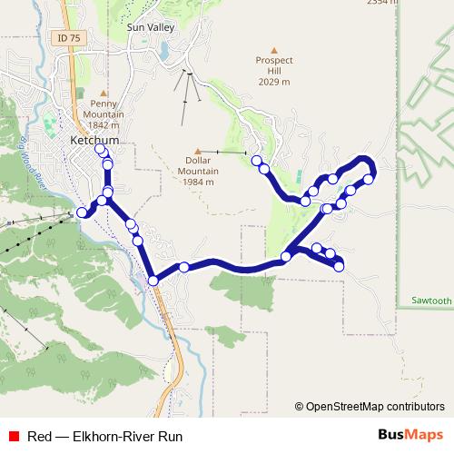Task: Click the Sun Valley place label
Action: (150, 28)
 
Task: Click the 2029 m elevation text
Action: (273, 83)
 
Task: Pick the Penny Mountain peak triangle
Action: (104, 92)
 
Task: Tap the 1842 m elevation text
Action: (104, 125)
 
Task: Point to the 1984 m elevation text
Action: (196, 182)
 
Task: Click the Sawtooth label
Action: (430, 301)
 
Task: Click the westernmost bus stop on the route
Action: (82, 212)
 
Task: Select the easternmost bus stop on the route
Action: (369, 179)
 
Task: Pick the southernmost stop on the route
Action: (153, 281)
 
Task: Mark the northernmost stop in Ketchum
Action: (101, 150)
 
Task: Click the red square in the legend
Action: (14, 436)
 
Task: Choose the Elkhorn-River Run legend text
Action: (104, 436)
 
